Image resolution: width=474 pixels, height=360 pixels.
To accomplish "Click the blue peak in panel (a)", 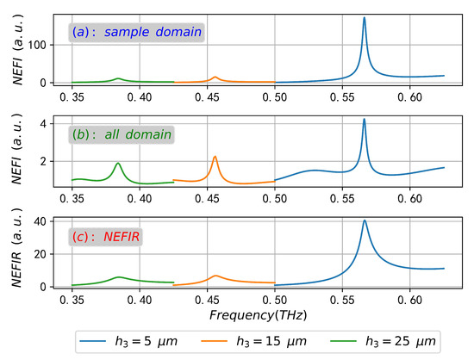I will click(x=364, y=18).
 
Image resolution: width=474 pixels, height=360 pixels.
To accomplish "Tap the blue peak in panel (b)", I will click(x=364, y=119).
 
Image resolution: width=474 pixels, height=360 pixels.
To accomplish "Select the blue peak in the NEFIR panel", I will click(x=365, y=220).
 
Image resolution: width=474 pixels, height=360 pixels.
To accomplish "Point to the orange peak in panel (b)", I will click(x=215, y=157).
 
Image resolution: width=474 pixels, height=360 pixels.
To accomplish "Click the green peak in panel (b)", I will click(x=118, y=163).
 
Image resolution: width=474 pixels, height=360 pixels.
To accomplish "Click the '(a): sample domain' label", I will click(x=135, y=33).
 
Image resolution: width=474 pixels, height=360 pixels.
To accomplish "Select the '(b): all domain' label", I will click(x=122, y=134).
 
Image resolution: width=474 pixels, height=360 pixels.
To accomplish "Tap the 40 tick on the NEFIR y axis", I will click(x=37, y=221).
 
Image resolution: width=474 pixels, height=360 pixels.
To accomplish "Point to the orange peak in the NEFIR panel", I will click(x=215, y=276).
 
